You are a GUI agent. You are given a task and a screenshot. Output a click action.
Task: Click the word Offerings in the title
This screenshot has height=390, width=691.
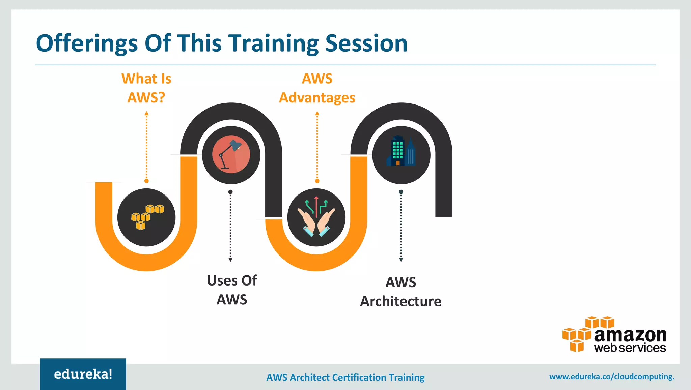click(x=87, y=43)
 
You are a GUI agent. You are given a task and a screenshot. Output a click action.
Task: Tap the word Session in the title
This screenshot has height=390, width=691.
click(x=366, y=43)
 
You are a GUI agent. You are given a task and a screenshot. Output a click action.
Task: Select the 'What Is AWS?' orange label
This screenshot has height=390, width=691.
click(x=146, y=88)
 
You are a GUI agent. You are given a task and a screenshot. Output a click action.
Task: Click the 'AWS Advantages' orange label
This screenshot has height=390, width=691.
click(x=317, y=88)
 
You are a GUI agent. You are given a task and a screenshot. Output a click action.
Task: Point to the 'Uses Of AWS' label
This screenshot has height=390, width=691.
click(x=232, y=290)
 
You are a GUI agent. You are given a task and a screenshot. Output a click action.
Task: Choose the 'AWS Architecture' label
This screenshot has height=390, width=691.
click(x=400, y=292)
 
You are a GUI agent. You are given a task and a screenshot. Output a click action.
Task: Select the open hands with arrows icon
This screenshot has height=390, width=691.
click(x=316, y=217)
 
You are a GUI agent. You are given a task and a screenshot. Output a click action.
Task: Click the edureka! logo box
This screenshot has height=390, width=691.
click(x=83, y=374)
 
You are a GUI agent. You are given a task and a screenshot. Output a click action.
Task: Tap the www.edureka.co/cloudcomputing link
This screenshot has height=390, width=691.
click(x=611, y=377)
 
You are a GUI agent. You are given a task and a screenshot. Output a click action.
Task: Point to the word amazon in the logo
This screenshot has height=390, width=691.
click(x=630, y=335)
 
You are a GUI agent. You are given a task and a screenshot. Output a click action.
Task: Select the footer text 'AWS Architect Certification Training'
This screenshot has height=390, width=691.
click(x=345, y=377)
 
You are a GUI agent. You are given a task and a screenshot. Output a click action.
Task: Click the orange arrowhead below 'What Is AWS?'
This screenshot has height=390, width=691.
click(x=146, y=114)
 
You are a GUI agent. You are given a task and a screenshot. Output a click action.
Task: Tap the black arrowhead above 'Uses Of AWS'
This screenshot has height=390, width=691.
click(x=230, y=260)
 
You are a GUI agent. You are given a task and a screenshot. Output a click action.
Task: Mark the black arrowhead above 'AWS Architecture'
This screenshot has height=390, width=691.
click(x=401, y=260)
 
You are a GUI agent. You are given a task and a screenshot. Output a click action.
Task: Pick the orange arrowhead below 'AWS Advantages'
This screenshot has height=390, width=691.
click(x=317, y=114)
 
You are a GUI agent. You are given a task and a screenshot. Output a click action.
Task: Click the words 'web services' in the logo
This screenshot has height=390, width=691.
click(x=630, y=348)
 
